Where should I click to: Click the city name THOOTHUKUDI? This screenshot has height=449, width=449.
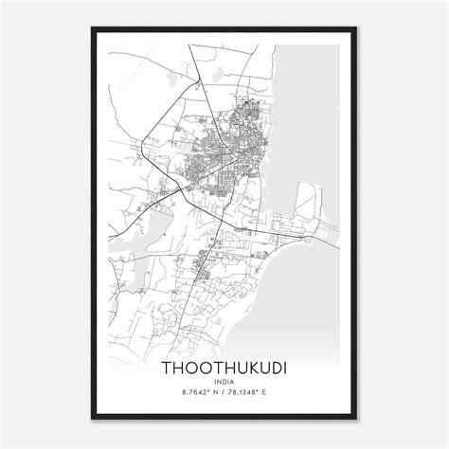(224, 365)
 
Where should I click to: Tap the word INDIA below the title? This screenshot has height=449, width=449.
(224, 381)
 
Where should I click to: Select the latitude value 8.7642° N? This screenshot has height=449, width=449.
(192, 392)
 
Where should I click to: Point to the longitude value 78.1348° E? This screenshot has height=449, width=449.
(257, 392)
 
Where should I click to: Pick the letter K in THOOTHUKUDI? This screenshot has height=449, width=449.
(247, 365)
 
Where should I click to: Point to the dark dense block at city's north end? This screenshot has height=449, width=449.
(254, 109)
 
